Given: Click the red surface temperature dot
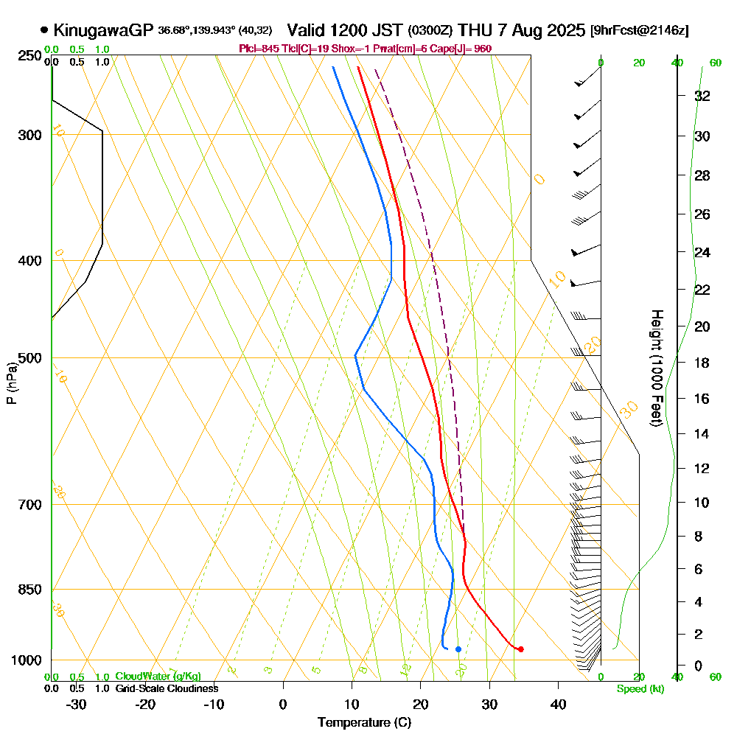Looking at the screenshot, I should point(520,649).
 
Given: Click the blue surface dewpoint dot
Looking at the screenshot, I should point(458,649).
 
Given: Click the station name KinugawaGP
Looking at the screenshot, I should point(103,30).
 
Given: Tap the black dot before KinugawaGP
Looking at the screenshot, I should point(45,30).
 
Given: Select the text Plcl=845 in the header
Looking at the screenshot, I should point(259,49).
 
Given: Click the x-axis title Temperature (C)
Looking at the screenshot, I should point(364,722).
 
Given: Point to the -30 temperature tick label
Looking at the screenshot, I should point(77,704).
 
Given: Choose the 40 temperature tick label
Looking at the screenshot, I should point(558,704).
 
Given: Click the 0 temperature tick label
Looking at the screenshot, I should point(283,704).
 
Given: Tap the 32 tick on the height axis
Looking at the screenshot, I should point(702,95).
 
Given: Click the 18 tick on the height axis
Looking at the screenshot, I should point(702,363).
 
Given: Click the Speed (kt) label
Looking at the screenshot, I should point(638,689).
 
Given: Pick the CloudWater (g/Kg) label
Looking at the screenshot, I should point(158,676).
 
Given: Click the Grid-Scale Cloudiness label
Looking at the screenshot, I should point(167,688).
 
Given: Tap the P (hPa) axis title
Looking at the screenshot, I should point(12,383).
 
